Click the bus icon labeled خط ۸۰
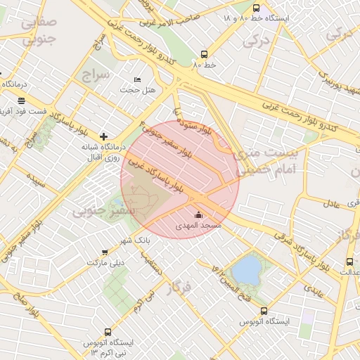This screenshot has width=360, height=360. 205,53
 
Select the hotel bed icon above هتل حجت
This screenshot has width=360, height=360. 137,79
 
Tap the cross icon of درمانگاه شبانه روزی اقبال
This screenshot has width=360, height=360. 104,136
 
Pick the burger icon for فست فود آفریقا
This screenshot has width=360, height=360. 22,101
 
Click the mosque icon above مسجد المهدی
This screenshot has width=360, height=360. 198,215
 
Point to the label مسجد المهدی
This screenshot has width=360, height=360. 202,226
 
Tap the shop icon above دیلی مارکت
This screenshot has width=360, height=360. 105,252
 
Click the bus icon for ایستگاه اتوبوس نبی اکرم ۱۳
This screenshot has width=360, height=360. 108,331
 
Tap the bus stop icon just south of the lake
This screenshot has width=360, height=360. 264,311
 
